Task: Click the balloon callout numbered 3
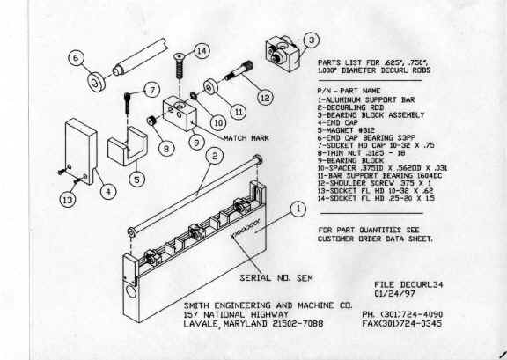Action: coord(311,39)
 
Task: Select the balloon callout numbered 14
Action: coord(202,51)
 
